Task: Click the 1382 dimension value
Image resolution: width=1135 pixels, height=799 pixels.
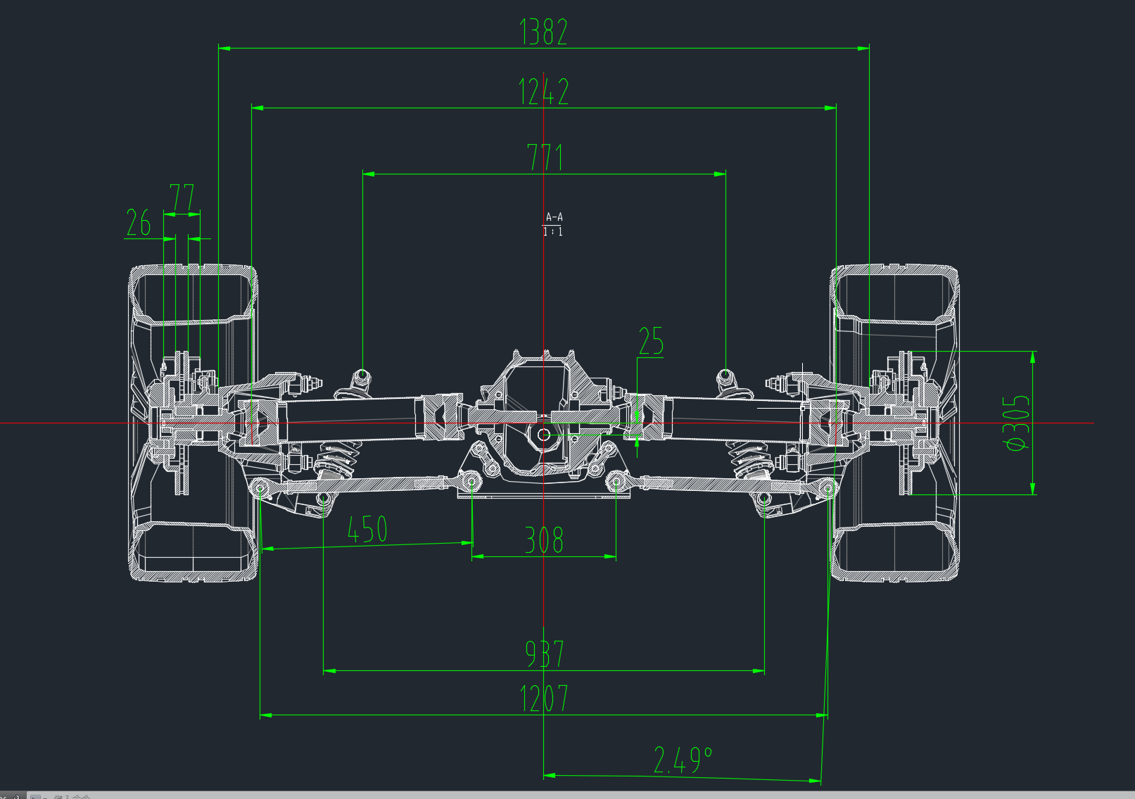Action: click(x=543, y=32)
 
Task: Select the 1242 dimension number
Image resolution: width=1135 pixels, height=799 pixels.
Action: click(x=543, y=91)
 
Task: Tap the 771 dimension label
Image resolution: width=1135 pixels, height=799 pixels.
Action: click(x=545, y=158)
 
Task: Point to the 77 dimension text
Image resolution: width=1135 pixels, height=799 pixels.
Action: click(x=182, y=198)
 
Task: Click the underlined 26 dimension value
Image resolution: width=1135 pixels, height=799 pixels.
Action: click(x=139, y=223)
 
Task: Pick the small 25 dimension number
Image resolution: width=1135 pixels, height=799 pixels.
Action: click(x=651, y=341)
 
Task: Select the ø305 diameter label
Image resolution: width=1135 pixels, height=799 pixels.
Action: click(x=1017, y=423)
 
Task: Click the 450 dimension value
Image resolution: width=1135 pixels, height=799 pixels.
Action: click(x=367, y=529)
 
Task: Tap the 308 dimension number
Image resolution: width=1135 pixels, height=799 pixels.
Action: click(x=544, y=540)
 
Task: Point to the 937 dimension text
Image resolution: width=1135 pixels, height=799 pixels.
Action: click(x=544, y=653)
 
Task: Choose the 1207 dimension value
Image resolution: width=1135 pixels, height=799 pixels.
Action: click(x=543, y=699)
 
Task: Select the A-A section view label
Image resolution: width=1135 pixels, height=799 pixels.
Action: click(x=554, y=217)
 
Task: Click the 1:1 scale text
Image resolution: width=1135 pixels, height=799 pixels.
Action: click(x=553, y=231)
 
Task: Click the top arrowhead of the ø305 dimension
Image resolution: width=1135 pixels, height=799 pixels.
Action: click(x=1032, y=357)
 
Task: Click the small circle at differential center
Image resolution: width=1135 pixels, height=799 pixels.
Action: click(x=544, y=435)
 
